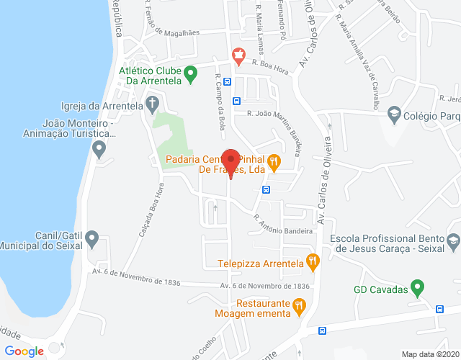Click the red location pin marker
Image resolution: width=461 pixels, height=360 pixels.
230,161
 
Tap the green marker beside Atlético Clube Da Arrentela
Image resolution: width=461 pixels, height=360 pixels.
190,73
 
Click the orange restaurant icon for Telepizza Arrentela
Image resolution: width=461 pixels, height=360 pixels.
312,263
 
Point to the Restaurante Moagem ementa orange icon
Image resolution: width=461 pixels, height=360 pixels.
299,307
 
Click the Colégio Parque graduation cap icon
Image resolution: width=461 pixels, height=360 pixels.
394,114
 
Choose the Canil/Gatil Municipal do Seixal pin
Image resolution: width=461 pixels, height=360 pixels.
100,240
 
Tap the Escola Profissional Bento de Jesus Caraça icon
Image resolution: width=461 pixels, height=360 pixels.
452,242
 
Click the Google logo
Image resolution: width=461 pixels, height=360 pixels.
24,351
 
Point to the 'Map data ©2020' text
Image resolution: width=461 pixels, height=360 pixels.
429,354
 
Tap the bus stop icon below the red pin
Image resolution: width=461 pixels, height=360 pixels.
267,190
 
